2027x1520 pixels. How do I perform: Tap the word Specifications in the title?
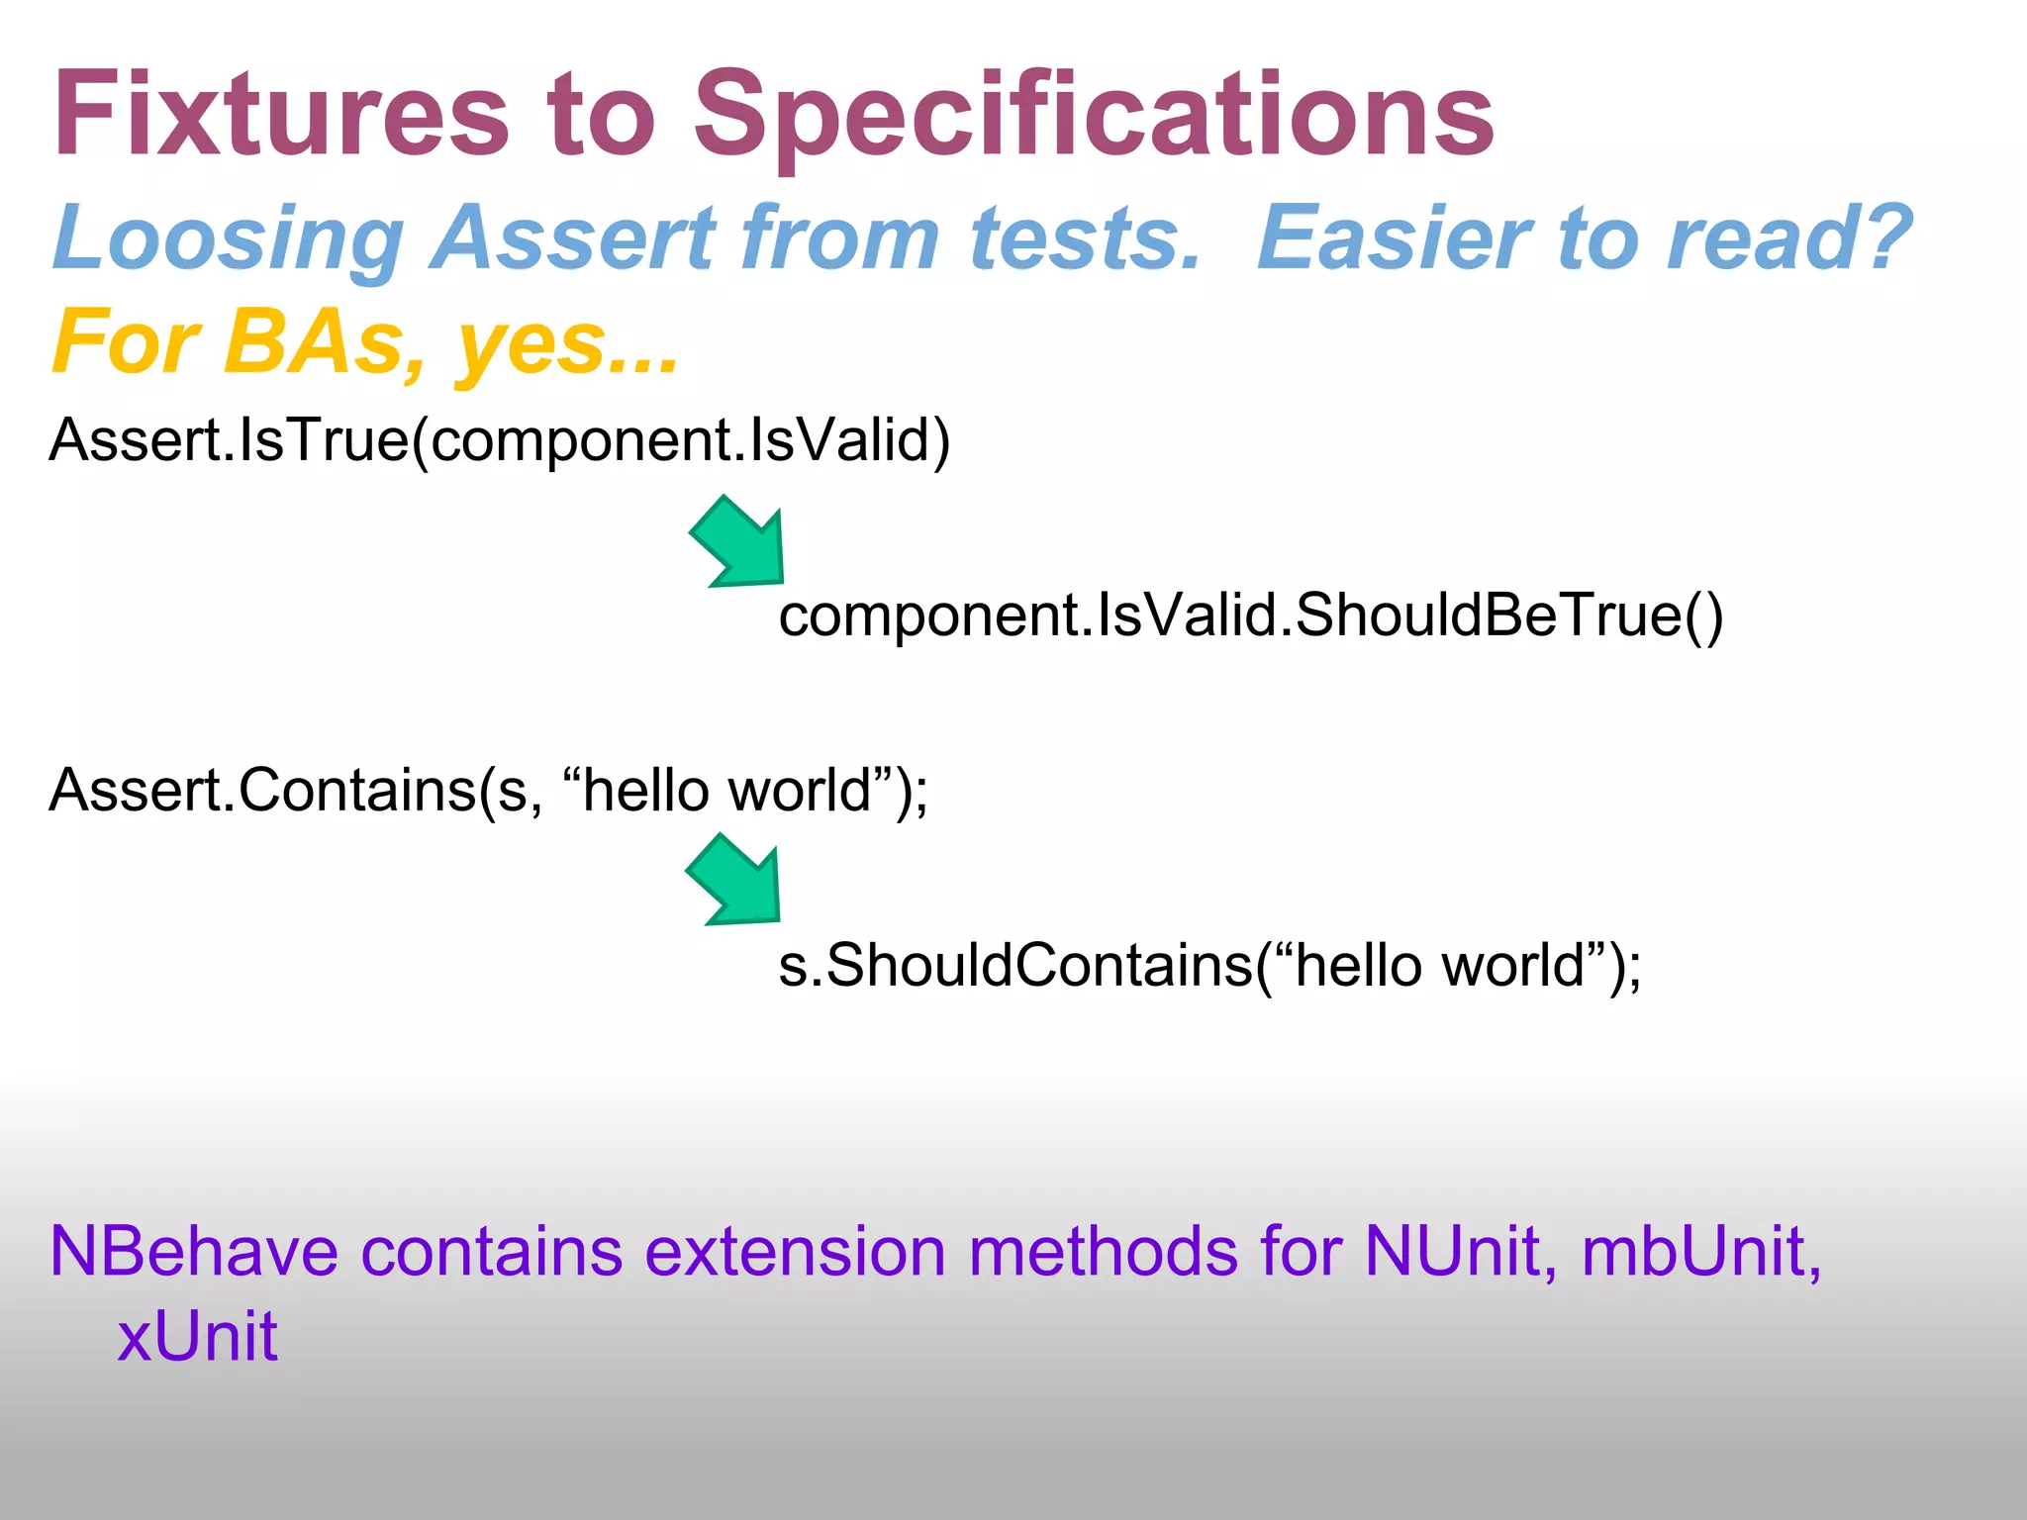tap(1094, 117)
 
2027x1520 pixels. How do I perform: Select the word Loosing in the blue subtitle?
tap(229, 238)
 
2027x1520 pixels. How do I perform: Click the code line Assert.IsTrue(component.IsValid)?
tap(500, 440)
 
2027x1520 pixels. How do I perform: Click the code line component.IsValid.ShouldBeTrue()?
tap(1251, 616)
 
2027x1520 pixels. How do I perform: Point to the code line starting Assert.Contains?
tap(489, 791)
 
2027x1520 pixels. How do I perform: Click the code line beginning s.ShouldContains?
tap(1209, 966)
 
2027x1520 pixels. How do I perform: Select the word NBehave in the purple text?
tap(194, 1252)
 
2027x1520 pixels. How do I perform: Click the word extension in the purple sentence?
tap(798, 1252)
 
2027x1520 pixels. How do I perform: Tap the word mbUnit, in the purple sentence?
tap(1700, 1252)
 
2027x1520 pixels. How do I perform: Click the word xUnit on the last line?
tap(197, 1337)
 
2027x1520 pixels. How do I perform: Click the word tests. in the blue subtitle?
tap(1085, 238)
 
